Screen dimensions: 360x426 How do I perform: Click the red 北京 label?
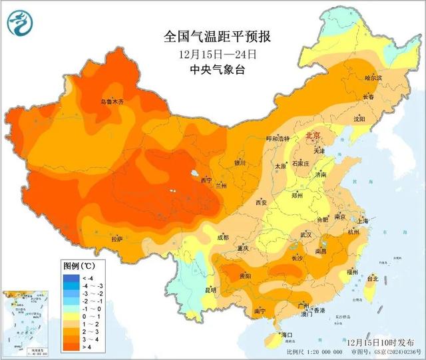pyautogui.click(x=313, y=136)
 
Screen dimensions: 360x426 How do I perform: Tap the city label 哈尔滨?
pyautogui.click(x=374, y=78)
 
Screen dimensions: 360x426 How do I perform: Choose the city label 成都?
pyautogui.click(x=222, y=237)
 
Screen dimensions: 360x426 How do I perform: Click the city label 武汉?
pyautogui.click(x=306, y=235)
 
